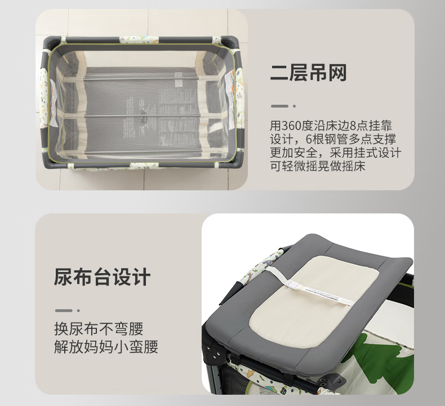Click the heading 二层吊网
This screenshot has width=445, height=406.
coord(308,73)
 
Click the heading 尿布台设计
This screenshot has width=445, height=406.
coord(102,276)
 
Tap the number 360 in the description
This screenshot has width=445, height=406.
coord(292,126)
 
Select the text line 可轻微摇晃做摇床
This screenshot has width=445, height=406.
coord(318,166)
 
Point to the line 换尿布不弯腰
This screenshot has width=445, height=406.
coord(99,329)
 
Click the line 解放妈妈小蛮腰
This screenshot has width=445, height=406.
coord(106,347)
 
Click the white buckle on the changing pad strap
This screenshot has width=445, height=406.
coord(293,284)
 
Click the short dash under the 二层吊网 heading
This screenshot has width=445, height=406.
coord(279,106)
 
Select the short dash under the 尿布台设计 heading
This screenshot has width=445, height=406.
coord(64,310)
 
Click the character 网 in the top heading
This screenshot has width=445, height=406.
coord(338,73)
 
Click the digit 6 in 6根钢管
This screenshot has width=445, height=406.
coord(309,139)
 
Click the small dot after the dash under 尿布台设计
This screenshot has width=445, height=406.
coord(78,310)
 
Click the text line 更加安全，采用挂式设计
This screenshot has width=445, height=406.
coord(336,153)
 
